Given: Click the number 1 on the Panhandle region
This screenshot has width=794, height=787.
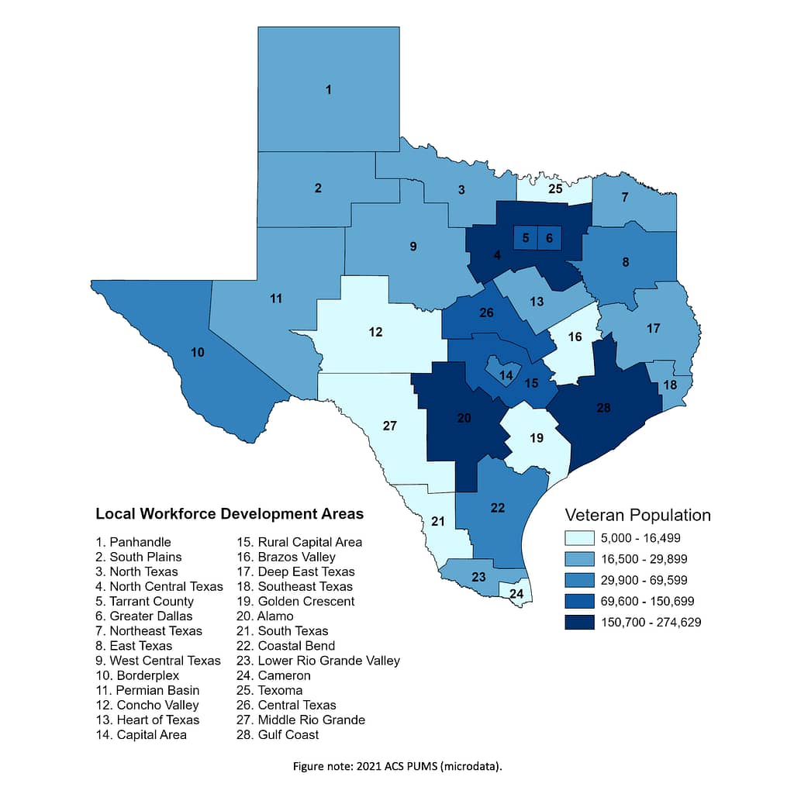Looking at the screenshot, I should [x=329, y=90].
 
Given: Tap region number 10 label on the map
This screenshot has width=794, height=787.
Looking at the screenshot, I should [x=198, y=352].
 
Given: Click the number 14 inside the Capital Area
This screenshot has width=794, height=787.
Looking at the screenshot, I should [x=506, y=375].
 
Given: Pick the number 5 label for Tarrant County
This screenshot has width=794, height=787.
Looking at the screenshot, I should [x=526, y=238].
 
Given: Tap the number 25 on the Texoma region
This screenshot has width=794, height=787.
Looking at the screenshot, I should [x=555, y=188].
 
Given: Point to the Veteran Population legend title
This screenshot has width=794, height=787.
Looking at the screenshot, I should [x=637, y=515].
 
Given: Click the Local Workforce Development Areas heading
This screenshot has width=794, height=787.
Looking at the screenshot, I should [x=230, y=513].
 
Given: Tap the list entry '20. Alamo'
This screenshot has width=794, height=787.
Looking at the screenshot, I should [x=265, y=616].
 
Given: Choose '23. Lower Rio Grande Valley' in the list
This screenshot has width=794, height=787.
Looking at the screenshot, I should [x=318, y=661].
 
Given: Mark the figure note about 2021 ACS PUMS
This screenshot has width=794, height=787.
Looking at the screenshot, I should [x=397, y=766].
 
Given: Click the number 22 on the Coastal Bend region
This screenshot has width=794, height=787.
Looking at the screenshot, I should [x=498, y=508].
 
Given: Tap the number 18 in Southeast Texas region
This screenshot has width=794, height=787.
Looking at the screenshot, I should [x=669, y=385].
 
